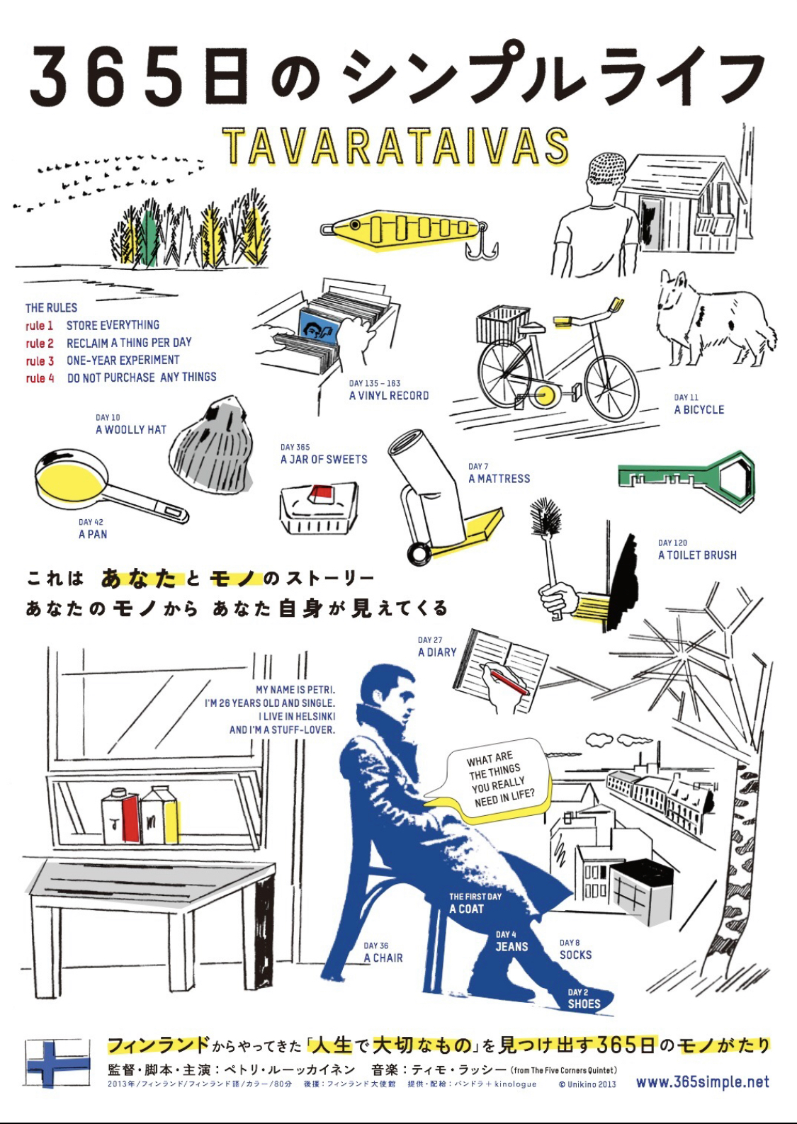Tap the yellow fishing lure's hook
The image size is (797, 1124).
(x=482, y=246)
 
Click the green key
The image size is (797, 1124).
(x=686, y=475)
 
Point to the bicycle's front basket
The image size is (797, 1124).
(x=503, y=324)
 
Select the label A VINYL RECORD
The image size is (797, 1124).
(x=389, y=396)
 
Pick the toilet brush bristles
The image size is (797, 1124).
(x=545, y=517)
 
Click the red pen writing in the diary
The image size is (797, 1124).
(x=509, y=683)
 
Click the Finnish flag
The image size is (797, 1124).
(x=57, y=1063)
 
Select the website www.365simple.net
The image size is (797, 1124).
(x=702, y=1082)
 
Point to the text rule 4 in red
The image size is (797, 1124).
(x=40, y=377)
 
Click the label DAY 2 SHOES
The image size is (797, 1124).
(x=584, y=999)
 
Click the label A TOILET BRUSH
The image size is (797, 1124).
(x=697, y=555)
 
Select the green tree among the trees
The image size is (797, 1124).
(x=149, y=235)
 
